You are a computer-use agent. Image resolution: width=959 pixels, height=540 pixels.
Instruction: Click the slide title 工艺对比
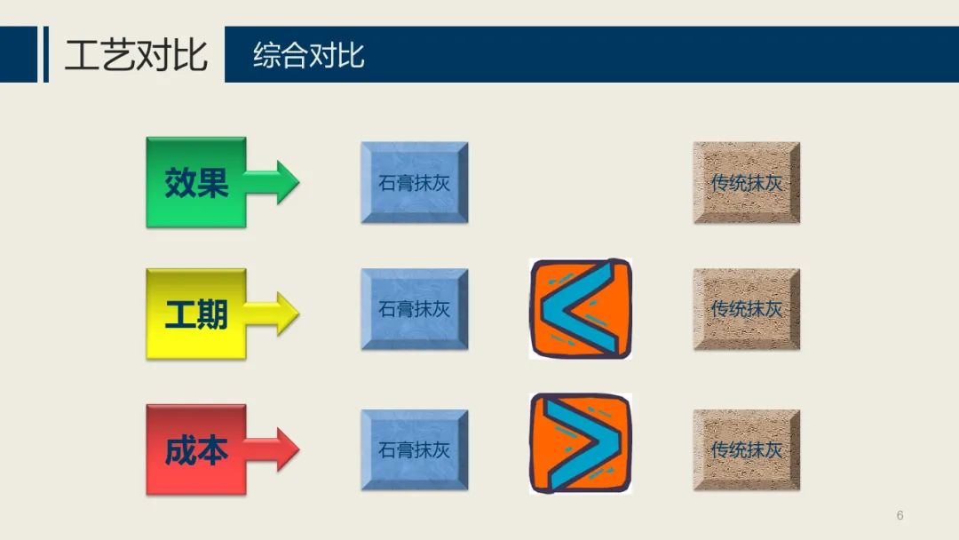tap(136, 55)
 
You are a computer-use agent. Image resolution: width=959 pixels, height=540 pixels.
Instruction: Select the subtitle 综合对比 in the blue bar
tap(308, 55)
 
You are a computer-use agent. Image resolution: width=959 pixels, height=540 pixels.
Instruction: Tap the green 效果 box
tap(195, 182)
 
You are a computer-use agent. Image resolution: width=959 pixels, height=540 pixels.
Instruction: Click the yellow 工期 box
tap(195, 314)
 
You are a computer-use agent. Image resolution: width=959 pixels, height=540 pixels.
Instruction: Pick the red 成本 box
tap(195, 450)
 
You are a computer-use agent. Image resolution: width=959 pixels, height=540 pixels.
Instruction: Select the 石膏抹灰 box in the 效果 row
tap(414, 183)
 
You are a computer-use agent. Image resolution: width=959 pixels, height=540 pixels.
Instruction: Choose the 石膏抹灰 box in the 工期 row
tap(414, 309)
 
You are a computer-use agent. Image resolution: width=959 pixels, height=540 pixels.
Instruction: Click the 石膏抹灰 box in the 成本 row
tap(414, 449)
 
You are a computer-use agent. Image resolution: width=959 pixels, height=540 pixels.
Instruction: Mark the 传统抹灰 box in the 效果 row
tap(746, 183)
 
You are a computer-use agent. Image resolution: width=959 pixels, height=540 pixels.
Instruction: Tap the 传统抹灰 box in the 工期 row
tap(746, 309)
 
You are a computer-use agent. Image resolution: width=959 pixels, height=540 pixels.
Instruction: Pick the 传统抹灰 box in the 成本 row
tap(746, 449)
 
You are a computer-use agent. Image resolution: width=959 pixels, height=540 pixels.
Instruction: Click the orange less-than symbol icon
tap(581, 309)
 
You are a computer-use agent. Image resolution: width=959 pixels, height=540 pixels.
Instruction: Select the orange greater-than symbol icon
tap(581, 443)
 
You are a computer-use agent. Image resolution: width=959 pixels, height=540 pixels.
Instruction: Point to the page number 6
tap(900, 516)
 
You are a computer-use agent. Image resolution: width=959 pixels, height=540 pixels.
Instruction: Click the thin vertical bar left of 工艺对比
tap(45, 54)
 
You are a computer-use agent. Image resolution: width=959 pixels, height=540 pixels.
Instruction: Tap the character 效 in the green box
tap(179, 183)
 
